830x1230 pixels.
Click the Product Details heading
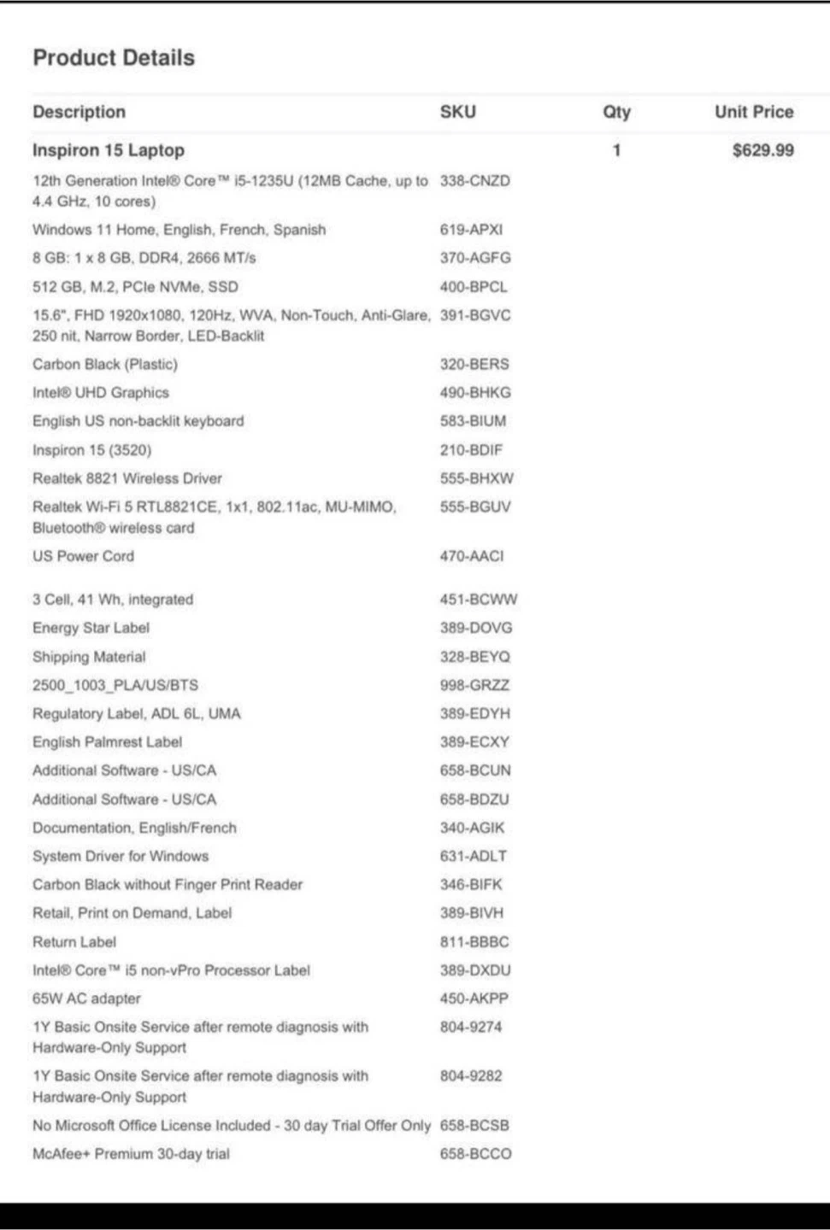coord(114,57)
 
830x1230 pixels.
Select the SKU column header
coord(457,112)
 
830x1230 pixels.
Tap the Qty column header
coord(616,112)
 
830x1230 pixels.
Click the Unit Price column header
coord(753,112)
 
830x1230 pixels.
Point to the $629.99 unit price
coord(762,150)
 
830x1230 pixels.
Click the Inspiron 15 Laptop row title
coord(109,150)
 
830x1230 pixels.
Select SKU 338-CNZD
coord(474,181)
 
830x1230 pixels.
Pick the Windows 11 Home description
coord(179,230)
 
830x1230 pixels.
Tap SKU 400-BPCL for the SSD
coord(473,287)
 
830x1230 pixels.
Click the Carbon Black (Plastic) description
coord(105,364)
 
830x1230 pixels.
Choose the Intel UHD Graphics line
coord(101,393)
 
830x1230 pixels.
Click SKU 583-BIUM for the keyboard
coord(473,421)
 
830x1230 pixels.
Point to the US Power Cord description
coord(83,556)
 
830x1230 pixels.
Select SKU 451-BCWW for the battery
coord(478,600)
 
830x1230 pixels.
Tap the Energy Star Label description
coord(91,628)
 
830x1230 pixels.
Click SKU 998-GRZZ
coord(474,685)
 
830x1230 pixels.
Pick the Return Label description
coord(74,942)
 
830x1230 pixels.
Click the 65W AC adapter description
coord(86,999)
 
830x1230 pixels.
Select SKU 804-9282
coord(471,1076)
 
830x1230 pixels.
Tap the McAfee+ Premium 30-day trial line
coord(131,1154)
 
